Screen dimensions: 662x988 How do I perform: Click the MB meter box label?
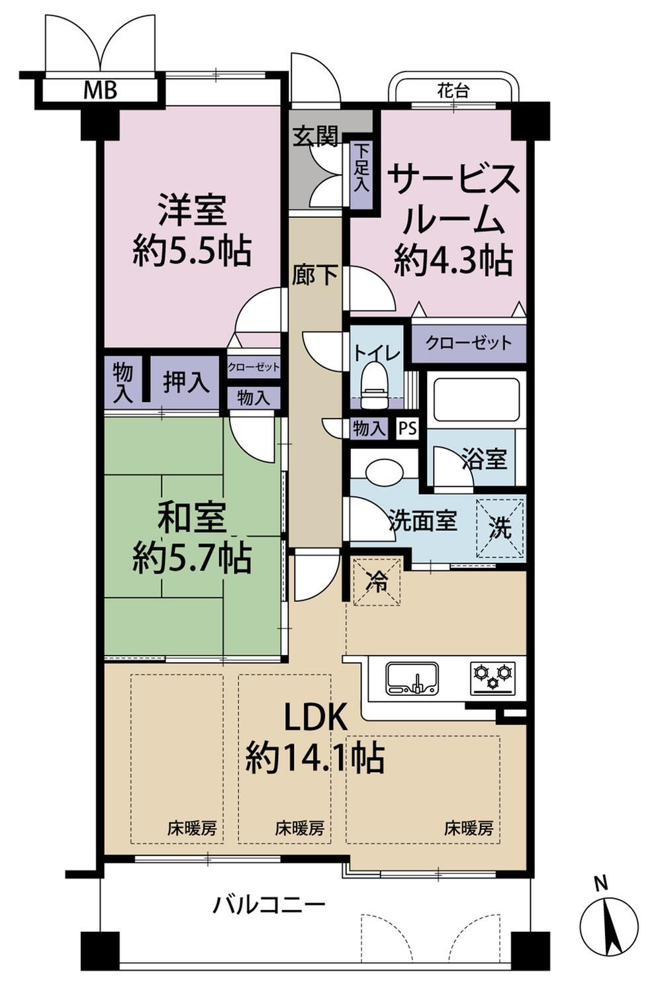(x=100, y=91)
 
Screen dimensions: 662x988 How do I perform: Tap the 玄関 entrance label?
(x=316, y=136)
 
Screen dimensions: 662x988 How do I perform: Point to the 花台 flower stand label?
(x=453, y=91)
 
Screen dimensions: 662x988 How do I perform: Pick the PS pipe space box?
(x=408, y=428)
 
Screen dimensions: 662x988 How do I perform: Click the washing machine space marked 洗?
(x=500, y=528)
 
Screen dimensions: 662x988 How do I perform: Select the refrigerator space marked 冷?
(x=377, y=582)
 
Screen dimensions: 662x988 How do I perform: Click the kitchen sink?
(x=412, y=678)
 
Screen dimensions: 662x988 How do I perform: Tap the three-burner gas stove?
(x=493, y=678)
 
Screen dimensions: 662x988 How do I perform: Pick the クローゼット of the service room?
(x=469, y=343)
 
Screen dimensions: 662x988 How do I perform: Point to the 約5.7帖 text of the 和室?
(x=192, y=558)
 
